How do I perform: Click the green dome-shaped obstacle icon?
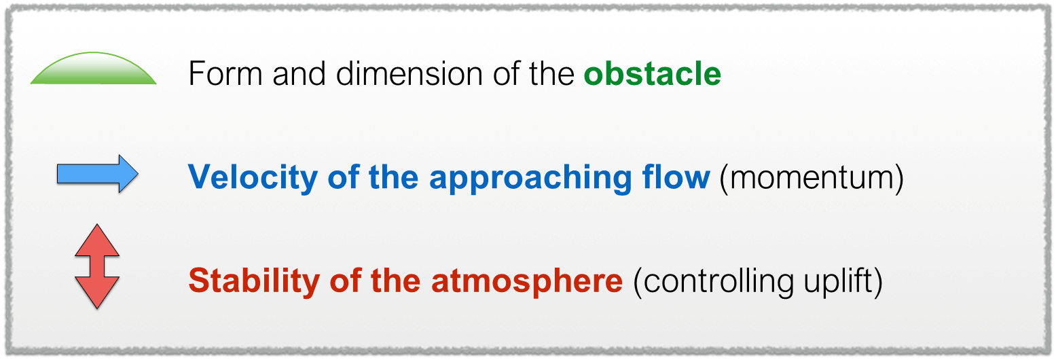click(93, 71)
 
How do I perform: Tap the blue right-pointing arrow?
click(98, 174)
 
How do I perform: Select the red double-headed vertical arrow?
click(97, 266)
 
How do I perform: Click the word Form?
click(225, 73)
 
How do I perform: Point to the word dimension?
click(409, 73)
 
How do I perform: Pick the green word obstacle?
click(653, 73)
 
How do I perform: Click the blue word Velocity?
click(253, 177)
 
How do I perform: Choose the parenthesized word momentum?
click(812, 178)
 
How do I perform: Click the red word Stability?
click(253, 281)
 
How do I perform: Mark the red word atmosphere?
click(526, 281)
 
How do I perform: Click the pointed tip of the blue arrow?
click(138, 174)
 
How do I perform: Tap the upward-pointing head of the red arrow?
click(97, 240)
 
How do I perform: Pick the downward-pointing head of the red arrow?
click(97, 293)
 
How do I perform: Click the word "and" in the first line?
click(299, 73)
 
